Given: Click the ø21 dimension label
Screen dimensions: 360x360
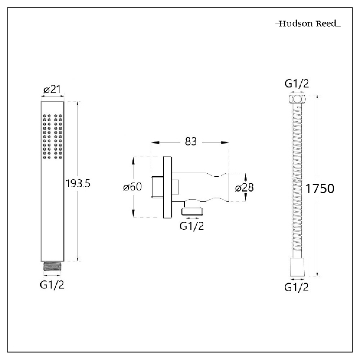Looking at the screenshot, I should (x=53, y=90).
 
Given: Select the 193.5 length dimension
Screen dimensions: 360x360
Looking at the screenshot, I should (x=78, y=184).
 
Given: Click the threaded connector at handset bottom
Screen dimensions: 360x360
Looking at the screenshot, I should (x=52, y=266).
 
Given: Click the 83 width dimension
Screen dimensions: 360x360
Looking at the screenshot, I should (x=191, y=142).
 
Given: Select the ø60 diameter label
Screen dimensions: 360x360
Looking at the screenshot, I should (x=132, y=187).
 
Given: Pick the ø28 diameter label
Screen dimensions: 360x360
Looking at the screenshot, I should (x=244, y=188).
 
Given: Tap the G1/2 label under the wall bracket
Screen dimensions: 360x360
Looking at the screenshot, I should (x=191, y=226).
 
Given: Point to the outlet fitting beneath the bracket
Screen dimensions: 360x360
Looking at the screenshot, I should (x=191, y=209).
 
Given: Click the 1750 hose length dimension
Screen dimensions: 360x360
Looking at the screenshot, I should (x=320, y=188).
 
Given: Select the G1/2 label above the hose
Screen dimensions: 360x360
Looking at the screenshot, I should (x=297, y=84).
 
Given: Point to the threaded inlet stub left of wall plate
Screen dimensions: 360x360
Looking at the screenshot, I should (x=158, y=187).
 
